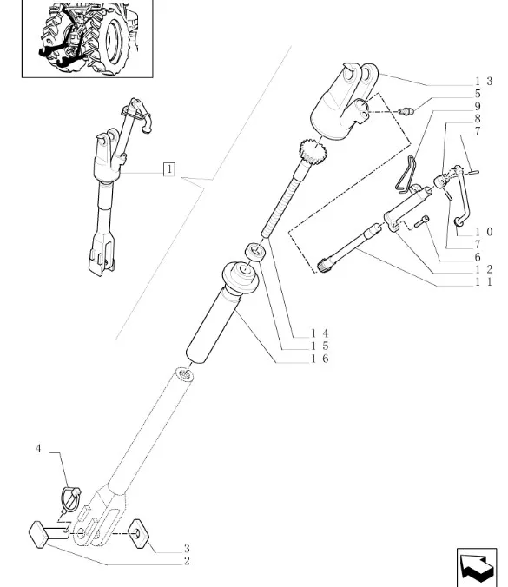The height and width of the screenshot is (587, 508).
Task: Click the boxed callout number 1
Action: (x=169, y=169)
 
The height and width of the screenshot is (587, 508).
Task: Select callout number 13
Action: (x=484, y=82)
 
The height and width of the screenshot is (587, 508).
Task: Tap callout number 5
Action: (x=478, y=94)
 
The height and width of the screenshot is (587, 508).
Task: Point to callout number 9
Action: (x=478, y=106)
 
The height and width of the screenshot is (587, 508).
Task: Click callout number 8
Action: (x=478, y=119)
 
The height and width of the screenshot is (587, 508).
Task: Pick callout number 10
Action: (x=484, y=232)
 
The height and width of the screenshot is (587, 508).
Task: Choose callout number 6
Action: (x=478, y=257)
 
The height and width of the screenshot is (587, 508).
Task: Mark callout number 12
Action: (x=484, y=269)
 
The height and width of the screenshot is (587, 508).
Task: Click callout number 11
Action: (x=484, y=282)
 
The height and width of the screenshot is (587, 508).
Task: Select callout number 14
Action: (x=320, y=333)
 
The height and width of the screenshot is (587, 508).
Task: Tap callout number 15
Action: (x=320, y=346)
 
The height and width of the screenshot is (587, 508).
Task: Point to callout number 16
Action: (x=320, y=359)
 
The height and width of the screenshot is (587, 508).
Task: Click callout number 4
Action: (x=38, y=448)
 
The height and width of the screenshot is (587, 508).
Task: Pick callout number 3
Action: (x=187, y=549)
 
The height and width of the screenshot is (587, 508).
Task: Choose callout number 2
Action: (x=187, y=561)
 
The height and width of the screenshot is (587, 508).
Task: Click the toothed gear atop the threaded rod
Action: (x=313, y=150)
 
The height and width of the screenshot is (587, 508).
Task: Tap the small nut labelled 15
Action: (x=255, y=251)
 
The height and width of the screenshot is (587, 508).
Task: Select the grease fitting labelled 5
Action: (x=406, y=111)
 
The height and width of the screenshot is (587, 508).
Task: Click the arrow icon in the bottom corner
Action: (x=477, y=568)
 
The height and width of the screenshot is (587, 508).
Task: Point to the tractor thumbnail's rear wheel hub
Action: (x=112, y=40)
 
